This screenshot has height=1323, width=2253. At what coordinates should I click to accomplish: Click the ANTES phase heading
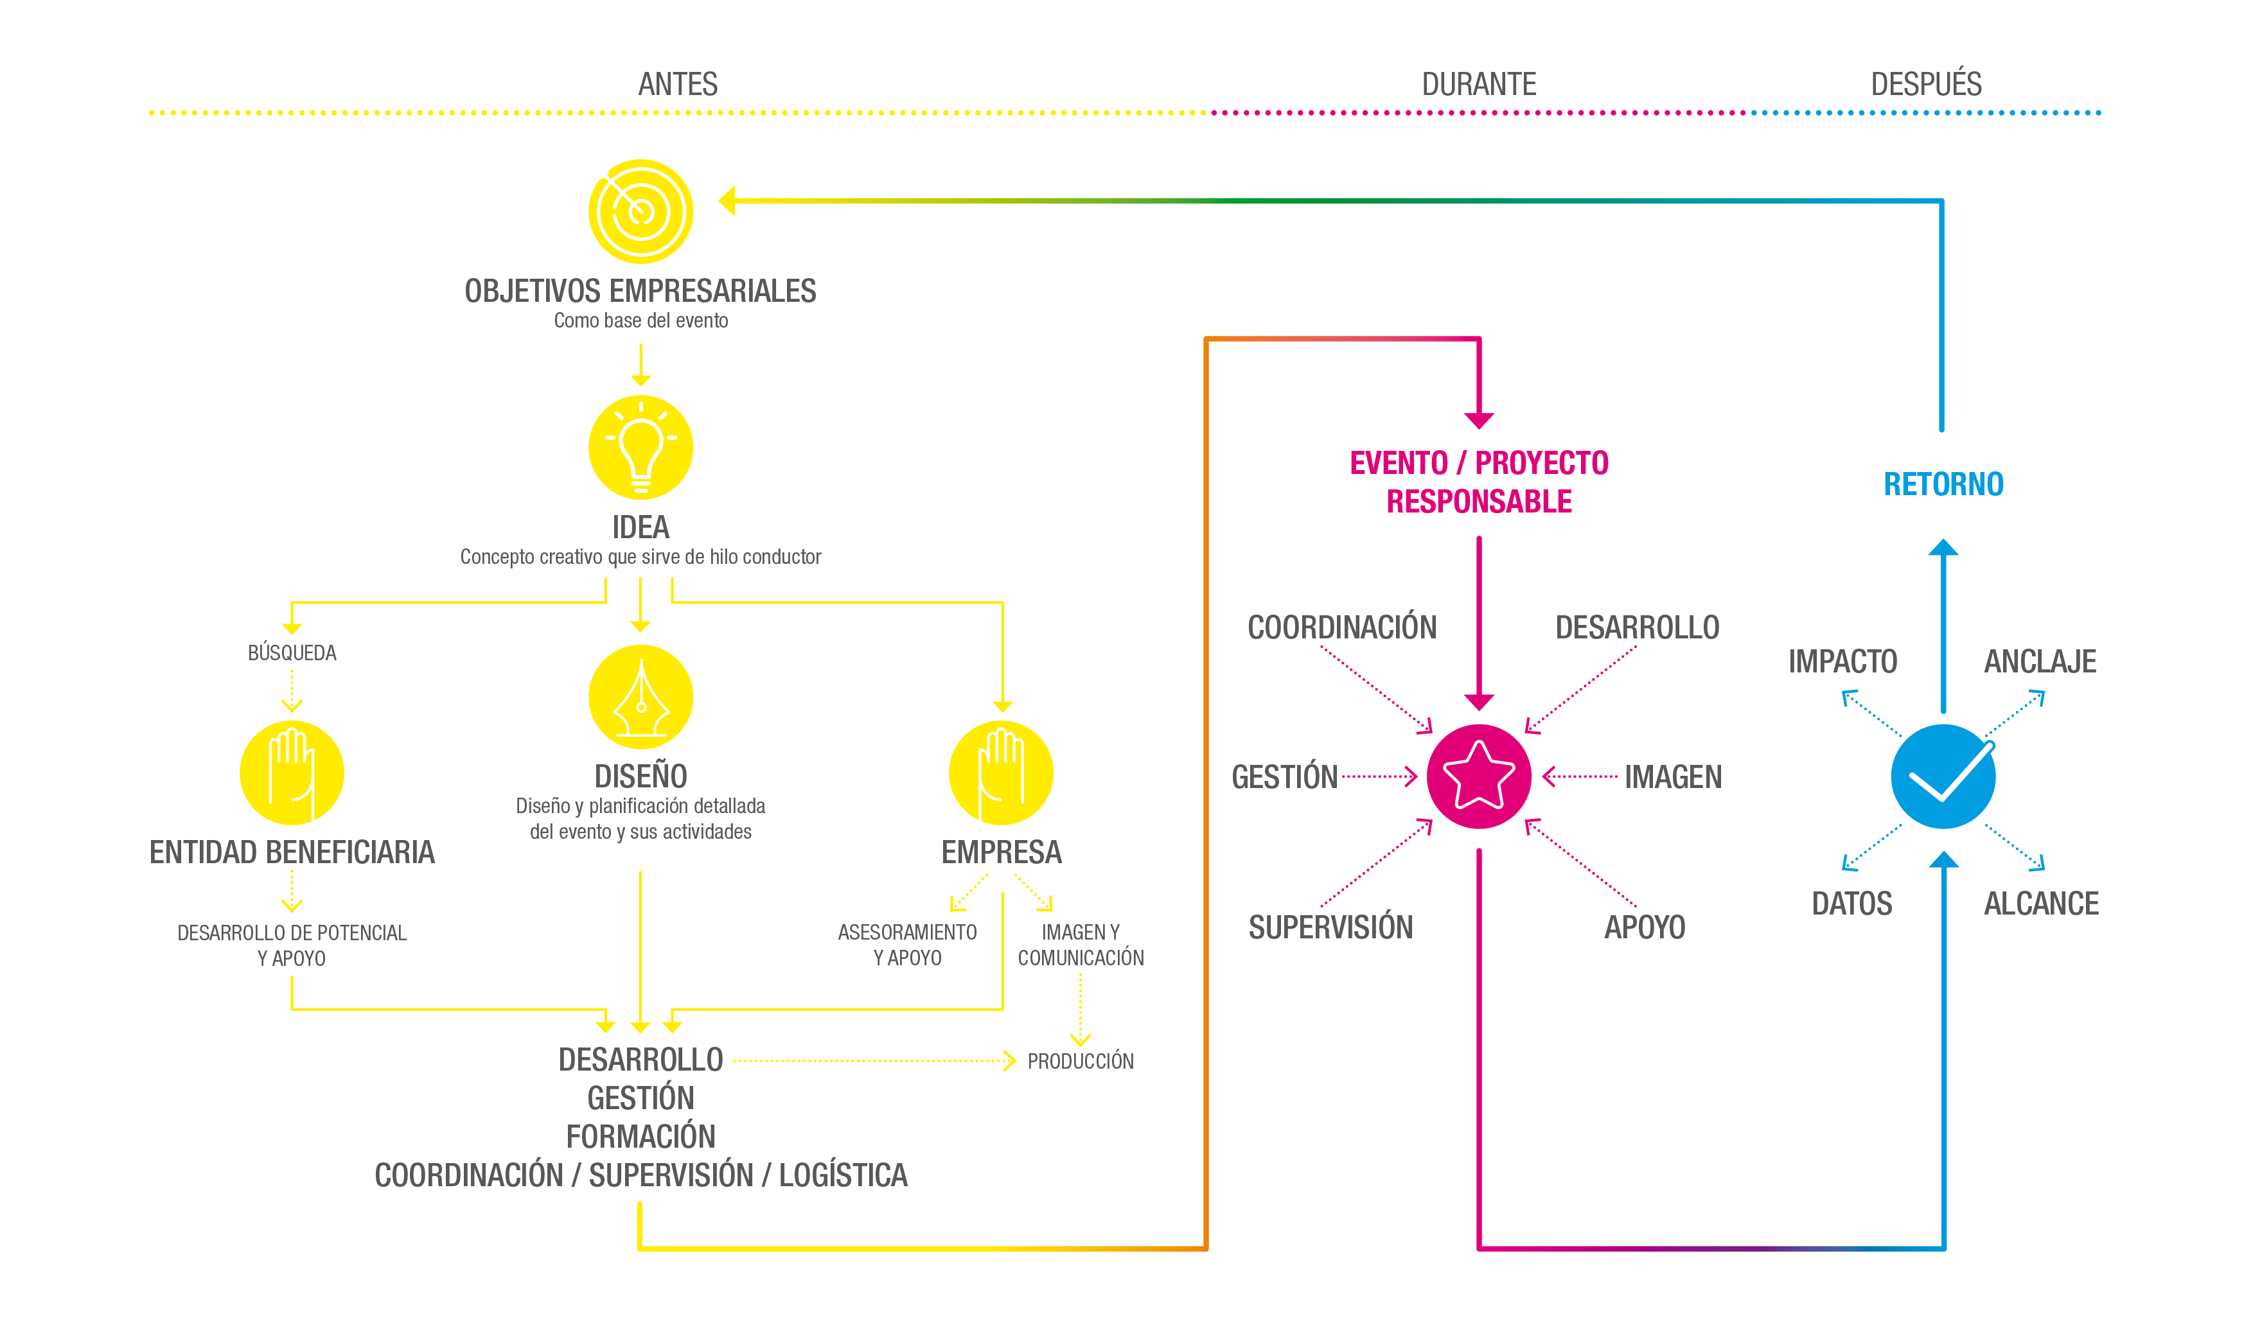[x=678, y=84]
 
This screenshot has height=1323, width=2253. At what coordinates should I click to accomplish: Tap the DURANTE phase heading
[x=1479, y=84]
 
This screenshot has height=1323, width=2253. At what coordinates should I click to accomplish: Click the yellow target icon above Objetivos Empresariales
[x=640, y=211]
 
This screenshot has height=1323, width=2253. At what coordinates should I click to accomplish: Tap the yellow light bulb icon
[x=640, y=447]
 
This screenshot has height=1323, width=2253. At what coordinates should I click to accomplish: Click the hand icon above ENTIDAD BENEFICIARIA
[x=292, y=773]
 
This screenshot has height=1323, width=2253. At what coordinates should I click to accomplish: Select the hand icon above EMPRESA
[x=1002, y=773]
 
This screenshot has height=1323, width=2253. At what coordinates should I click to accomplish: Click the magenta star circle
[x=1479, y=776]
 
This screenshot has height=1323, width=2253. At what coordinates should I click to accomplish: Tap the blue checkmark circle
[x=1943, y=776]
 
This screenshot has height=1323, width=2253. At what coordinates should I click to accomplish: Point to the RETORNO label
[x=1943, y=484]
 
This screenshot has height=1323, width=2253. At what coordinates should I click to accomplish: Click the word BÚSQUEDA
[x=292, y=652]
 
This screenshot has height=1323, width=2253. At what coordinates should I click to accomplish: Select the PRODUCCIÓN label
[x=1080, y=1061]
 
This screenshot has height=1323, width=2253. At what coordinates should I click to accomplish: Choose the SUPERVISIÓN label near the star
[x=1330, y=927]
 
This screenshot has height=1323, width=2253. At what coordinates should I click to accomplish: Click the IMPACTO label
[x=1842, y=661]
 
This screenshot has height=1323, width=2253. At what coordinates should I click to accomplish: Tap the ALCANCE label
[x=2041, y=904]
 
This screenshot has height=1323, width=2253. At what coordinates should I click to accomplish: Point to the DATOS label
[x=1851, y=904]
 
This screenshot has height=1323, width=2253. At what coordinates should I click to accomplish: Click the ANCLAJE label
[x=2040, y=661]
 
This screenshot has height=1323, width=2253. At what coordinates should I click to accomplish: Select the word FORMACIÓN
[x=640, y=1136]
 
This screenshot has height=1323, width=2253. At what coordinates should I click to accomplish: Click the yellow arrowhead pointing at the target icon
[x=727, y=201]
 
